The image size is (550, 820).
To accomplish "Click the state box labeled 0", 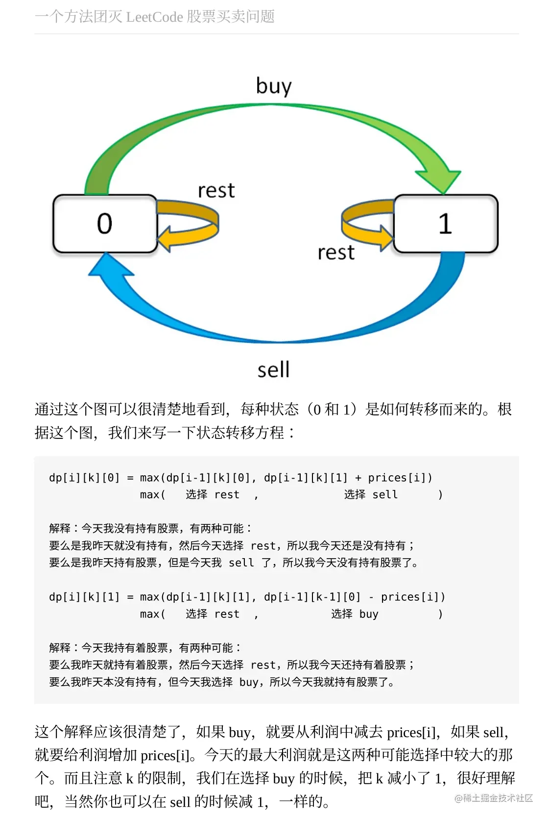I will point(105,224).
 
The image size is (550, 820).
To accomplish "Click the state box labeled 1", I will point(446,224).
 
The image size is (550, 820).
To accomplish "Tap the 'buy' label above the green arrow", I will point(274,86).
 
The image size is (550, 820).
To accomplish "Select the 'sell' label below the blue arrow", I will point(273,369).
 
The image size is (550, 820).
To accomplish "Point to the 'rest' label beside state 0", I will point(216,190).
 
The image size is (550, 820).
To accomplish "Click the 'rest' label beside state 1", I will point(336,253).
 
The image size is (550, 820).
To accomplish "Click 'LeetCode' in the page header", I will point(154,17).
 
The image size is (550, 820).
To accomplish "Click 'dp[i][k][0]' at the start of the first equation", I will point(84,478).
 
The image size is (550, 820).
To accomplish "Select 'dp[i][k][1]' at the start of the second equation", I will point(84,597).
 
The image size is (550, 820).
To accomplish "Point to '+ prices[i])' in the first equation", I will point(393,478).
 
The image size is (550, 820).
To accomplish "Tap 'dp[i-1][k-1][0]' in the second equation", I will point(312,597).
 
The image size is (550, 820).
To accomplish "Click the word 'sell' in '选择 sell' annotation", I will point(385,494).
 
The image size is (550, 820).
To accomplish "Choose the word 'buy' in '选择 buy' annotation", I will point(369,614).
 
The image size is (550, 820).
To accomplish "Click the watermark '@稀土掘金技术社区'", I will point(493,798).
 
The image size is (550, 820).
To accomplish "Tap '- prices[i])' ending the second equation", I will point(407,597).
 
